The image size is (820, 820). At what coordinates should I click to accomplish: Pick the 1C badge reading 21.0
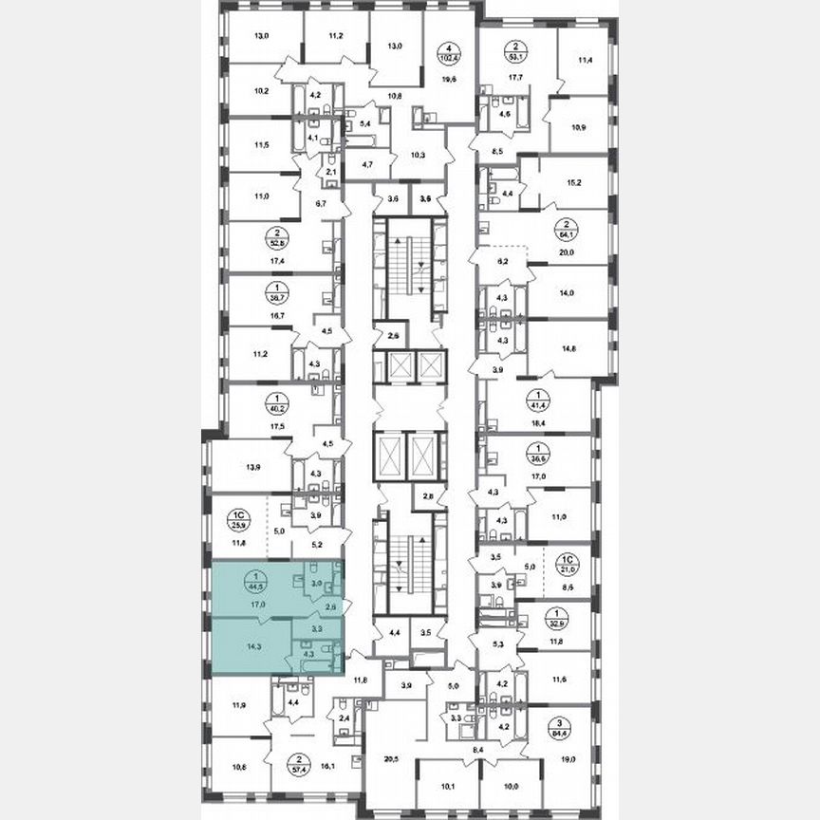click(x=568, y=563)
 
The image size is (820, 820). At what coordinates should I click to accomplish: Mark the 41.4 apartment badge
click(x=568, y=401)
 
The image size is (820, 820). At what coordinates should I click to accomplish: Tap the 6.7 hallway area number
click(x=320, y=202)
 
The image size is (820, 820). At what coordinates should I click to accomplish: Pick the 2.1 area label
click(x=331, y=172)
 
